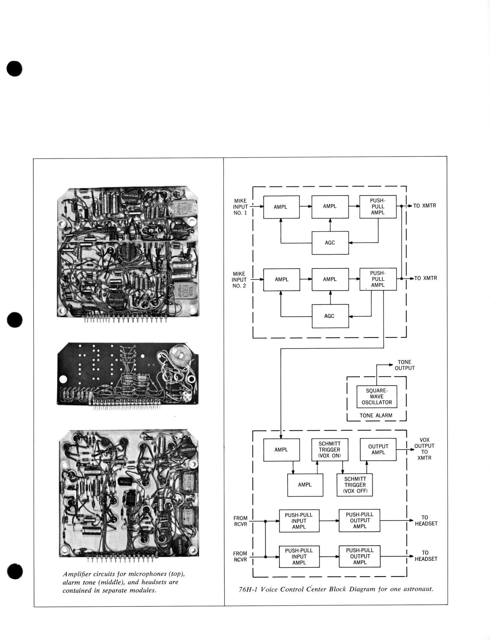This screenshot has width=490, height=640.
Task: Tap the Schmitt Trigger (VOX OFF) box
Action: [x=355, y=485]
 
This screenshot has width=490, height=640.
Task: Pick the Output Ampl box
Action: [x=378, y=449]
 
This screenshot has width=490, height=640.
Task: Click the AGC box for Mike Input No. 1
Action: [x=330, y=243]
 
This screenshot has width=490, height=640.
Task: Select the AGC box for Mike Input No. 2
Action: [x=330, y=316]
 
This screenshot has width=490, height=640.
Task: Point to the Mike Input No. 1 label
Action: [x=240, y=206]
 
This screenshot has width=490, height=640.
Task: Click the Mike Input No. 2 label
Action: [x=239, y=279]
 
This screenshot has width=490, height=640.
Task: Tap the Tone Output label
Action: [x=404, y=365]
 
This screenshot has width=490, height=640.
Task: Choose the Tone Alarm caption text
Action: [x=376, y=415]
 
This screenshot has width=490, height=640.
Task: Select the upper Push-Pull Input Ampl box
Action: [x=299, y=521]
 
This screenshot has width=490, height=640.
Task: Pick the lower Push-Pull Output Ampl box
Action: [x=360, y=556]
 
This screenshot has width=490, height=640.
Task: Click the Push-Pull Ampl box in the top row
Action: [x=378, y=206]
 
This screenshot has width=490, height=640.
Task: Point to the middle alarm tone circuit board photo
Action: [x=128, y=373]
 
